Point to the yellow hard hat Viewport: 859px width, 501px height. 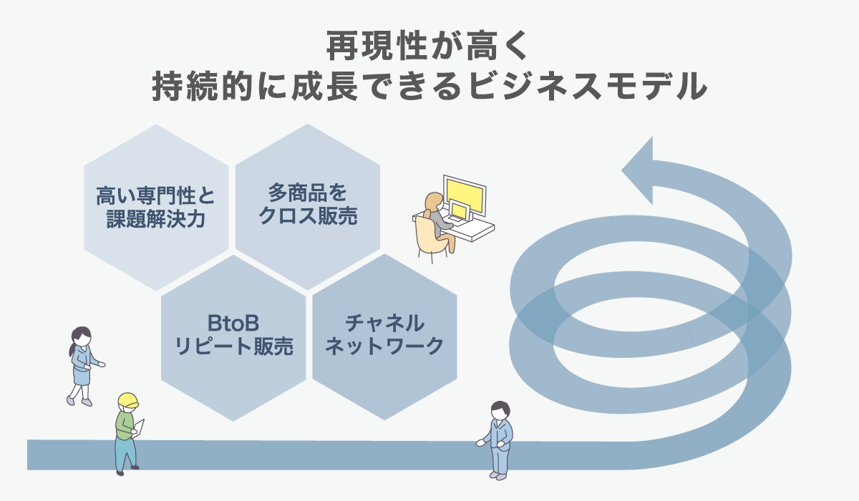127,401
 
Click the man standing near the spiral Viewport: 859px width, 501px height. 499,438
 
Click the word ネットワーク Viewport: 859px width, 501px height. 384,346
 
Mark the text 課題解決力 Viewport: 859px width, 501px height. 156,218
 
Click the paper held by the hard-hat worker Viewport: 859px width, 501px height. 140,427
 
